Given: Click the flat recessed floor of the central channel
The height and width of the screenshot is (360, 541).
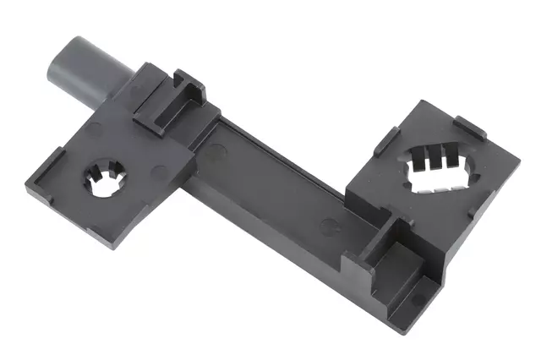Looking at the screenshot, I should [279, 169].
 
